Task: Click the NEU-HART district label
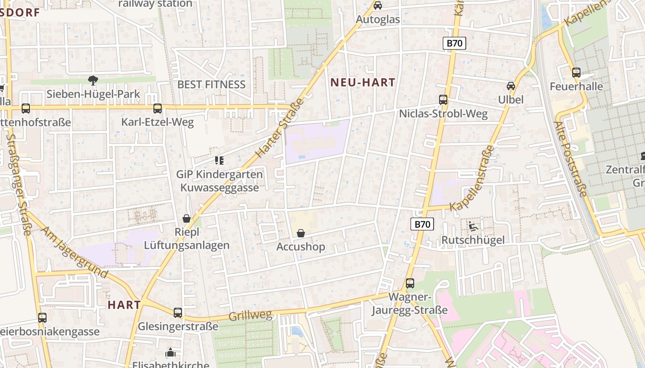[363, 83]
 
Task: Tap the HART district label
[124, 305]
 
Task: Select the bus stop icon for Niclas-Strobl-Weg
[443, 100]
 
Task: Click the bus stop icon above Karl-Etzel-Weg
[157, 109]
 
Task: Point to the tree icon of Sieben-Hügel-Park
[93, 80]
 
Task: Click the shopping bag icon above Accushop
[301, 233]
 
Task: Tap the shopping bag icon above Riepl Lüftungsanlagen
[187, 218]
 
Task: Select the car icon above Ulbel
[510, 86]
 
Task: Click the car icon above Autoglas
[378, 6]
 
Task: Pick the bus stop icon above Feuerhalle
[576, 73]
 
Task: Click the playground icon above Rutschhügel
[473, 226]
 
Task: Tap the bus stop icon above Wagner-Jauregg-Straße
[410, 283]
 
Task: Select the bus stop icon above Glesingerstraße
[178, 313]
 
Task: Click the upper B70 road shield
[455, 44]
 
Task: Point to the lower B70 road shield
[422, 224]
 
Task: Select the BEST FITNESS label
[211, 85]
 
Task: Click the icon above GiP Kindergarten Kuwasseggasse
[219, 161]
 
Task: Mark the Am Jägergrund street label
[76, 253]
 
